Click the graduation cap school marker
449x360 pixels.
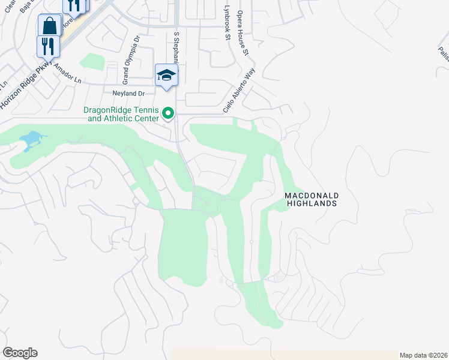click(x=166, y=76)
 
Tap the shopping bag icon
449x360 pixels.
click(x=49, y=26)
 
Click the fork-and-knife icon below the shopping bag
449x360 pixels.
click(x=49, y=47)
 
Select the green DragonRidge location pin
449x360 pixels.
click(x=169, y=113)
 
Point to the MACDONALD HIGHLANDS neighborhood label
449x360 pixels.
click(x=311, y=200)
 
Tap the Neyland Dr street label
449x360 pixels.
click(x=129, y=94)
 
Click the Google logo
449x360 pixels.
click(x=20, y=353)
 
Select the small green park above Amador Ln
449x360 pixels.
click(x=92, y=61)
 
